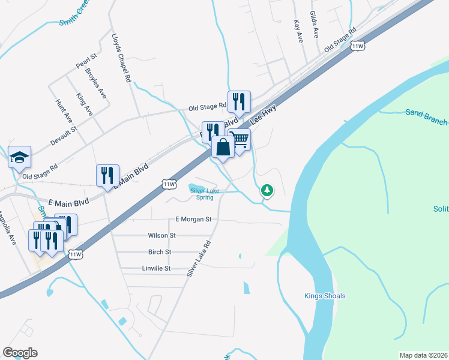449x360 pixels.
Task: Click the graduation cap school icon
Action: click(19, 157)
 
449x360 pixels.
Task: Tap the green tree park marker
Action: click(267, 191)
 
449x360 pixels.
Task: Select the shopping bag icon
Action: click(223, 146)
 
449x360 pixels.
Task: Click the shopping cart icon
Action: click(240, 140)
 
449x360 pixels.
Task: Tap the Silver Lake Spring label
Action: click(205, 194)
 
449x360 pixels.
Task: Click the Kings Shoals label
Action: click(325, 296)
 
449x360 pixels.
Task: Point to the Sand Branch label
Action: click(426, 116)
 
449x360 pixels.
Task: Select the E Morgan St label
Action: click(194, 220)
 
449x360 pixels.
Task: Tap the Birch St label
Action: click(160, 252)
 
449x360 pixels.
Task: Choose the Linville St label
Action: click(157, 268)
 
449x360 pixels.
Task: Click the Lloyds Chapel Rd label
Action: click(121, 56)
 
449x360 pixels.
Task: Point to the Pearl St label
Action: click(86, 61)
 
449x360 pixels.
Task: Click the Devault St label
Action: click(64, 136)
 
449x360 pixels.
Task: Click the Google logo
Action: click(20, 353)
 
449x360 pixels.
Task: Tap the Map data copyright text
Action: click(423, 355)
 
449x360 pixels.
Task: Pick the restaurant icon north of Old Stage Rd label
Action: click(239, 101)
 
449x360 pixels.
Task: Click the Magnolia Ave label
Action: click(7, 227)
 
